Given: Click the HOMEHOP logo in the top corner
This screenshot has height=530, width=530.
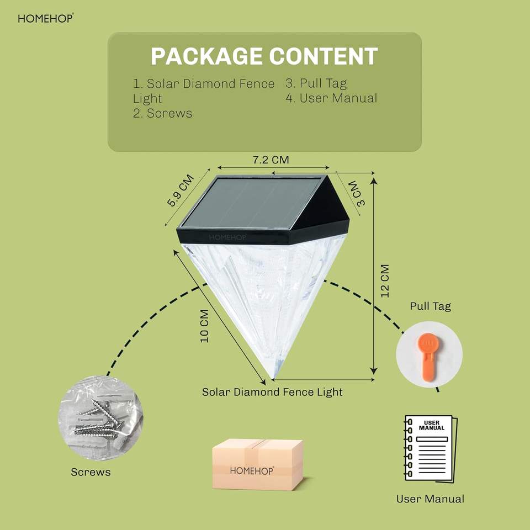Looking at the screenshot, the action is tap(45, 18).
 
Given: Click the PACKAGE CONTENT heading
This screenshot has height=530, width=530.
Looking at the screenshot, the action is tap(264, 57).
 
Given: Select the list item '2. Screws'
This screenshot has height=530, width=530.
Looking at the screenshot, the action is tap(163, 113).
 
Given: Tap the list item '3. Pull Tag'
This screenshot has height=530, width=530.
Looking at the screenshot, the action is tap(316, 83).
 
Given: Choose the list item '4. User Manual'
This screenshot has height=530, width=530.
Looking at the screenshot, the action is tap(331, 98).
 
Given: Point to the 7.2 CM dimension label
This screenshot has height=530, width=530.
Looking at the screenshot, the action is tap(271, 160).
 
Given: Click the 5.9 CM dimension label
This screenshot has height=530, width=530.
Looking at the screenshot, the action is tap(181, 190).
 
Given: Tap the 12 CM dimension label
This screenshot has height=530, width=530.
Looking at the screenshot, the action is tap(384, 280).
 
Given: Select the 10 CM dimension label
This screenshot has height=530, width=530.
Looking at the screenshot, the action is tap(204, 326).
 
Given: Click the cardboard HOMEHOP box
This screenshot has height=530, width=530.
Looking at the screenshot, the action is tap(258, 464).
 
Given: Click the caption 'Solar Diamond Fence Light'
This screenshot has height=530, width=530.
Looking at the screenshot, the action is tap(272, 392).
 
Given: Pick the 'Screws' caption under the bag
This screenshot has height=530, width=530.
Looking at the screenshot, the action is tap(91, 472).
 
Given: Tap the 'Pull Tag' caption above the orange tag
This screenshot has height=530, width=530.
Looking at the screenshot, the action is tap(430, 306).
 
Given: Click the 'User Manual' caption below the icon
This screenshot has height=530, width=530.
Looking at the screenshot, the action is tap(430, 499).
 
